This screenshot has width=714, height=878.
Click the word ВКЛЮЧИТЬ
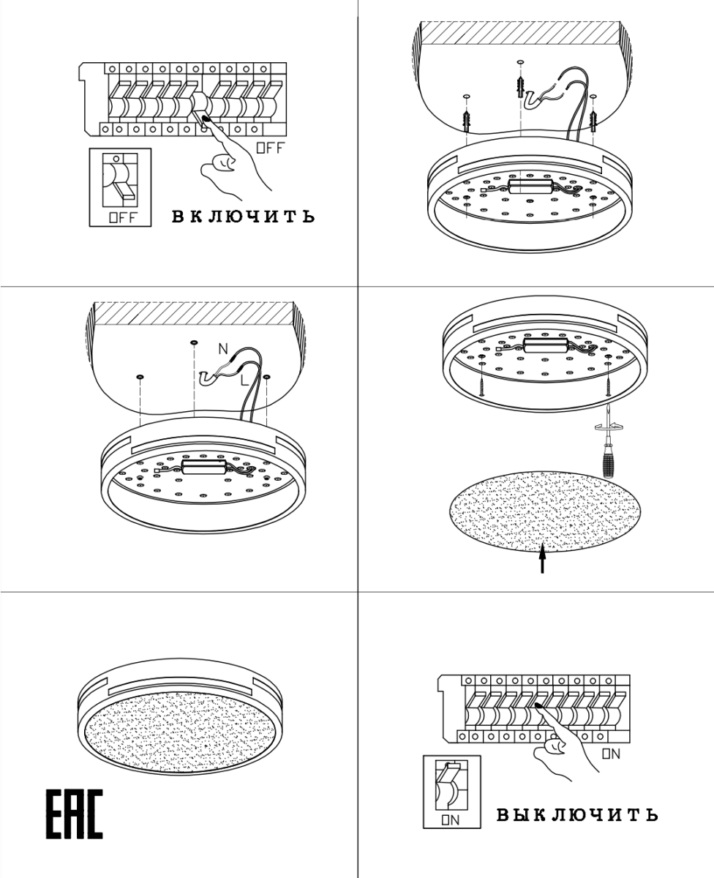[x=243, y=217]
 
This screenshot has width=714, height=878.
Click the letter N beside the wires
[x=223, y=349]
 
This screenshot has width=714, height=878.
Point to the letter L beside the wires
[x=245, y=380]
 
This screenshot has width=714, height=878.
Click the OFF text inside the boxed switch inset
[x=122, y=217]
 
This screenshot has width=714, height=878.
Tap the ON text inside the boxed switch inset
[x=451, y=820]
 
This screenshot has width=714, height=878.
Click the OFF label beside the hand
[x=270, y=148]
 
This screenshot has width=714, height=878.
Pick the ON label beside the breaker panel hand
[x=611, y=754]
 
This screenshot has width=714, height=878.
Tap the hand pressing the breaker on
[x=565, y=742]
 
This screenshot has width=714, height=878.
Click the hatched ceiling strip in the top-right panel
[x=521, y=32]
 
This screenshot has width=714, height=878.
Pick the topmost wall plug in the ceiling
[x=520, y=86]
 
